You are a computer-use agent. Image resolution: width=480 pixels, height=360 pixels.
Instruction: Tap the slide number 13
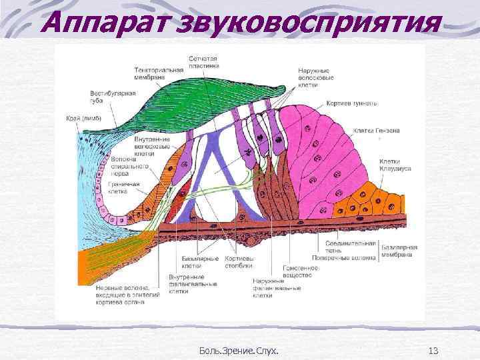tap(433, 351)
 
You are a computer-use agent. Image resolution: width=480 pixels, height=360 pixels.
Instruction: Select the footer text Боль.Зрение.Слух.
tap(239, 351)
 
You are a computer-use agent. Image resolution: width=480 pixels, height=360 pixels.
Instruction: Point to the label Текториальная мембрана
tap(159, 73)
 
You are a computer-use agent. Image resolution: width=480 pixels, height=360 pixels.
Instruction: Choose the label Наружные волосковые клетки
tap(317, 75)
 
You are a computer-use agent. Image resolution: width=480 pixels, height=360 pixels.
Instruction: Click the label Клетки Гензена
tap(376, 130)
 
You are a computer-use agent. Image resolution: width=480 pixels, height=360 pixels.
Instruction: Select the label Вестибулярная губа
tap(108, 97)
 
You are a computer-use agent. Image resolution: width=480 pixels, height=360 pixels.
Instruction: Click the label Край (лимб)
tap(83, 118)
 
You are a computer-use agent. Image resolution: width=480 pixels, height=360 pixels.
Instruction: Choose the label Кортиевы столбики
tap(238, 261)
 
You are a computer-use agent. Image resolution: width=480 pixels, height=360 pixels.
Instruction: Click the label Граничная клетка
tap(125, 187)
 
